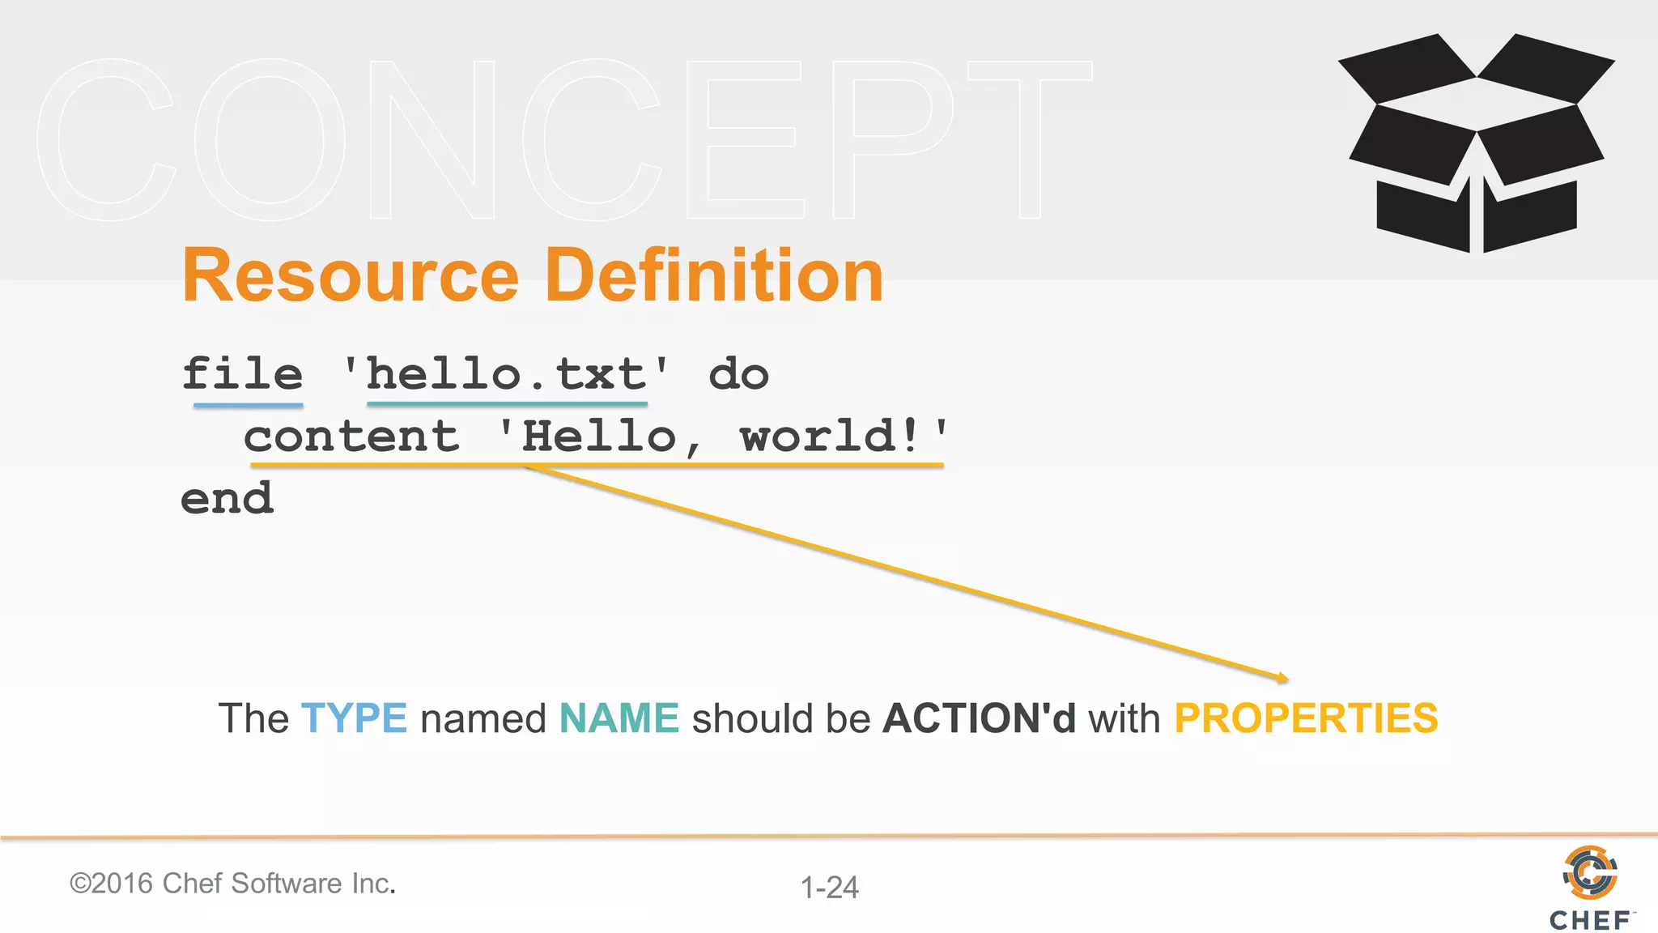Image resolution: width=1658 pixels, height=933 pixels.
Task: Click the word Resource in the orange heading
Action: coord(350,276)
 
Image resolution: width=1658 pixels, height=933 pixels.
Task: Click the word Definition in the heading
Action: coord(714,276)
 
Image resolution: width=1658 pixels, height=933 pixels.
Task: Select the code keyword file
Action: coord(242,374)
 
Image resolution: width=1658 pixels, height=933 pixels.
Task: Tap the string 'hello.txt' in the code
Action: coord(507,374)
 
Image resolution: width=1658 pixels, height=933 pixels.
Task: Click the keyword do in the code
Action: coord(738,374)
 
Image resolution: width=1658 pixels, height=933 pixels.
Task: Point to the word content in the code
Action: coord(351,437)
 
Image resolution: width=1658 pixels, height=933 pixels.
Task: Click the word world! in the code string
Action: coord(831,437)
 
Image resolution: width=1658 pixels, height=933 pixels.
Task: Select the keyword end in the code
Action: coord(227,498)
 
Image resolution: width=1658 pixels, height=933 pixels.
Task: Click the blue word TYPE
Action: coord(354,718)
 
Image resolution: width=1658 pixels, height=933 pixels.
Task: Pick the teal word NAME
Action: coord(619,718)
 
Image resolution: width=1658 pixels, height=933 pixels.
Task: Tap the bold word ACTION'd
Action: coord(980,718)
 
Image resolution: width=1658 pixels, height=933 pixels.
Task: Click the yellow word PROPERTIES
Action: coord(1306,718)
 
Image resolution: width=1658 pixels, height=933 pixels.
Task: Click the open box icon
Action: coord(1477,143)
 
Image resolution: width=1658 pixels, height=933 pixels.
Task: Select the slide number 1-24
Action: coord(829,888)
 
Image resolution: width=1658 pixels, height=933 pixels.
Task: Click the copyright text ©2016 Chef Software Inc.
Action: coord(233,884)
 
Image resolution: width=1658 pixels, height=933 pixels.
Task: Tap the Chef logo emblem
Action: coord(1590,873)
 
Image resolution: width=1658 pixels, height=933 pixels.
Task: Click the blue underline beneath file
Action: coord(249,404)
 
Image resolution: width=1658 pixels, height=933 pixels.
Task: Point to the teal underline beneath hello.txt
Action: coord(507,403)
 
